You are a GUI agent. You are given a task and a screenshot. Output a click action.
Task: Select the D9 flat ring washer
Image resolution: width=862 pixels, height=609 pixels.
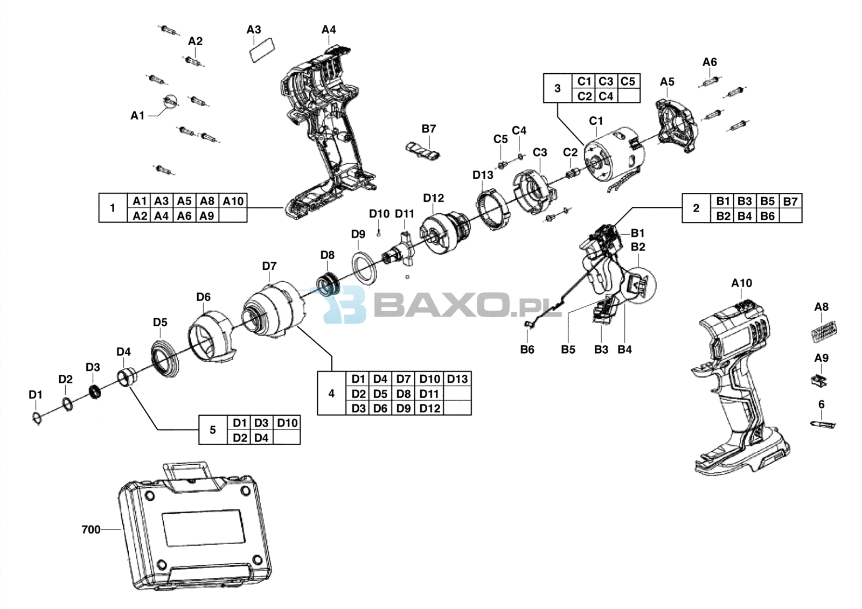point(364,268)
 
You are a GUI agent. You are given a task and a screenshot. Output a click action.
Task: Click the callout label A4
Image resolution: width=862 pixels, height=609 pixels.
point(329,30)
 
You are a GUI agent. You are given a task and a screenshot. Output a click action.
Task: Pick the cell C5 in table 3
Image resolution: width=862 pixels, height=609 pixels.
point(628,81)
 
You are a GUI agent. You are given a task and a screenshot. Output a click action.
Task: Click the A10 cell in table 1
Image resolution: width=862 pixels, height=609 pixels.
point(233,201)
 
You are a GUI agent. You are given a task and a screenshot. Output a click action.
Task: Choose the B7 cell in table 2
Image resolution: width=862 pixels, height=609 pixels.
point(790,201)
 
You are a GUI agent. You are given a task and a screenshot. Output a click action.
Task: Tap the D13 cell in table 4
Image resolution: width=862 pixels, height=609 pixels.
point(457,379)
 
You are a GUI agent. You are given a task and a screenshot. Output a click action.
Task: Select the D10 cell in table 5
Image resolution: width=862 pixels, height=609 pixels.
point(287,423)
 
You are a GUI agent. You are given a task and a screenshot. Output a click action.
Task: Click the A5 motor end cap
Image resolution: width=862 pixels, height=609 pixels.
point(677,125)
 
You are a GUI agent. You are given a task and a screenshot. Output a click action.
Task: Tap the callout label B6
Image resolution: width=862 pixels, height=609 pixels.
point(527,349)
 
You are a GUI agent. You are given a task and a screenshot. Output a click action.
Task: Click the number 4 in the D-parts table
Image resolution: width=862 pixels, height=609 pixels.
point(331,394)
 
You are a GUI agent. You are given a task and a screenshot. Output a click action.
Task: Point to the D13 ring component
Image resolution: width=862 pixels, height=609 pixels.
point(493,209)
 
